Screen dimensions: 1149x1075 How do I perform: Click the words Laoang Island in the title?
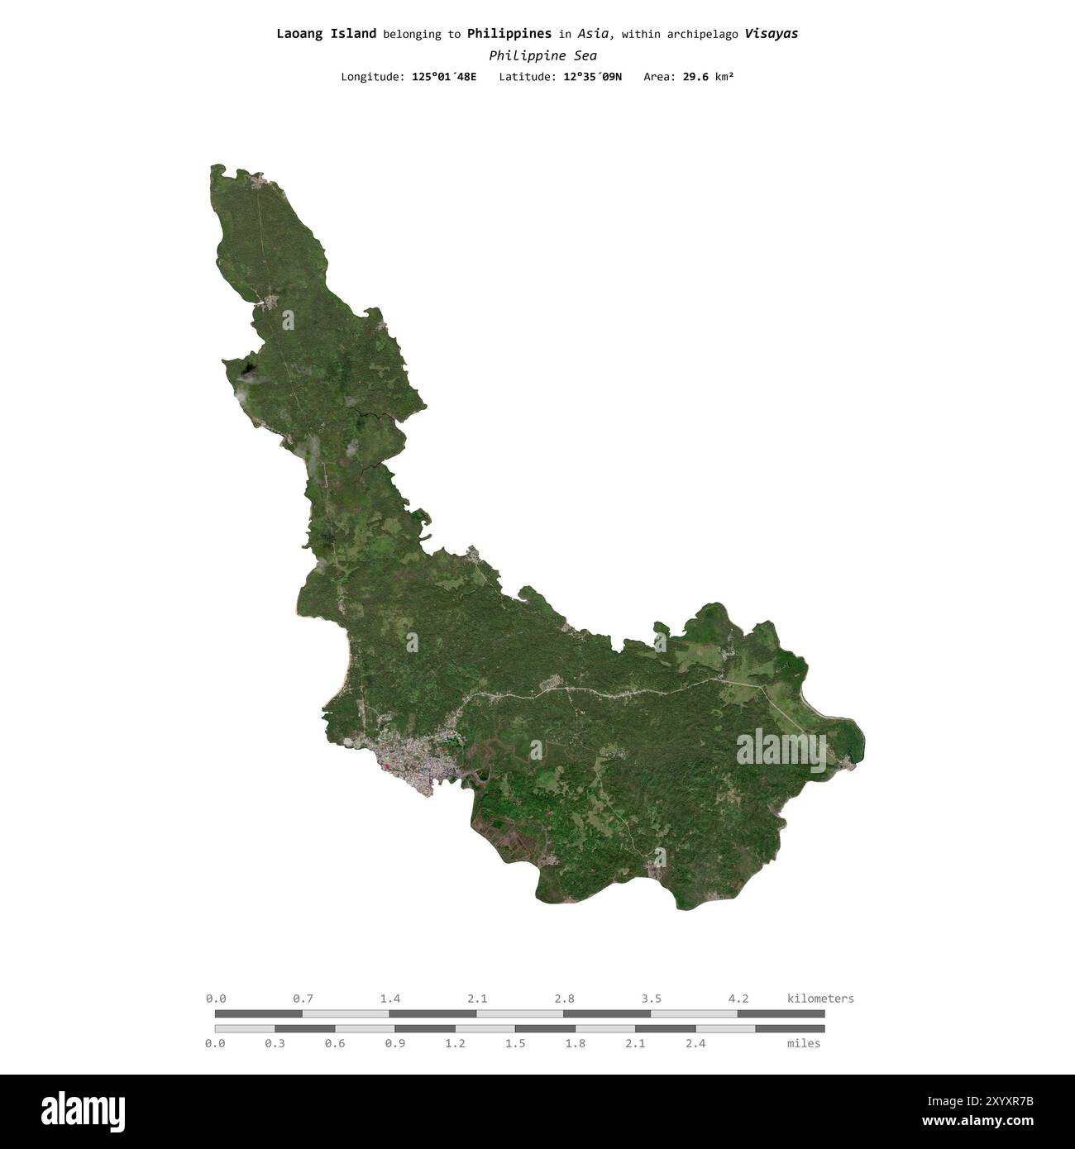click(x=326, y=34)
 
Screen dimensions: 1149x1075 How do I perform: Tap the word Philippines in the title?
click(x=509, y=34)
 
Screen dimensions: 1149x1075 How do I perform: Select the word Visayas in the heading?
click(x=771, y=34)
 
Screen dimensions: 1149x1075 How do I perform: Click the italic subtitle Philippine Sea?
click(x=542, y=56)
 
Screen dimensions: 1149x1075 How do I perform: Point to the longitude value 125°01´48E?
click(x=444, y=77)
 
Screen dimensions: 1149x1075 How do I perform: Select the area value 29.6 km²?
click(x=708, y=77)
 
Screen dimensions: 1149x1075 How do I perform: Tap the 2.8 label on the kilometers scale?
click(x=565, y=999)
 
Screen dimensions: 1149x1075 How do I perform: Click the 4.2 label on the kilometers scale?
click(x=738, y=999)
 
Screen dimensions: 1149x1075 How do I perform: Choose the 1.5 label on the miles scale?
click(x=515, y=1044)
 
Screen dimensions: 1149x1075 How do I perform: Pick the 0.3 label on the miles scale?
click(x=275, y=1044)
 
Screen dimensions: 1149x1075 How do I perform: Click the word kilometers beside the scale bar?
click(x=820, y=999)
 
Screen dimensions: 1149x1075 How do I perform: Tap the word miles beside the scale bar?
click(x=804, y=1044)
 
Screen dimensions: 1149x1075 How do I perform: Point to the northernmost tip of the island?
click(x=217, y=166)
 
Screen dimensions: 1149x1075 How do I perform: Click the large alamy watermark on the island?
click(x=781, y=750)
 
